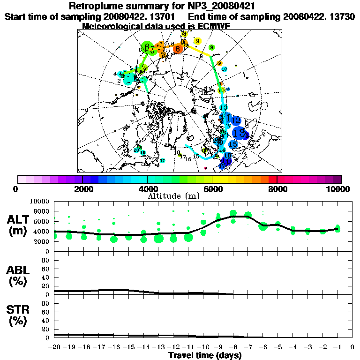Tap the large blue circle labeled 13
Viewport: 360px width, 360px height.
(239, 133)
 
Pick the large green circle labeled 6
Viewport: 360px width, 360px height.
(148, 47)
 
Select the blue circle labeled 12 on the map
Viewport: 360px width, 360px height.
(235, 121)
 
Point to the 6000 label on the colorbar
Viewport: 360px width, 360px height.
(212, 189)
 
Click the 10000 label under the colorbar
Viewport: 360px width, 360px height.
(338, 189)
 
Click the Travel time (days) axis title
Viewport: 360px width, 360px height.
(204, 356)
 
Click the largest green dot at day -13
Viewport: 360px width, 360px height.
(158, 239)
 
